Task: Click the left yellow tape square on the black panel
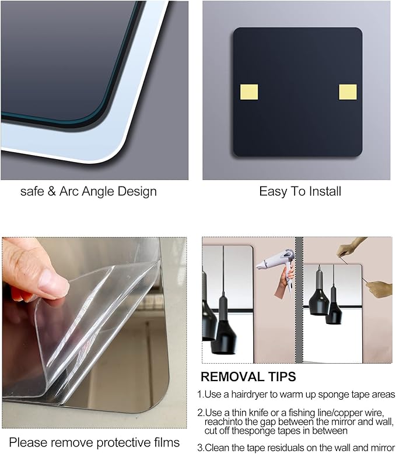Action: (x=249, y=92)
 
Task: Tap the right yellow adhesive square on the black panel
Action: (x=348, y=92)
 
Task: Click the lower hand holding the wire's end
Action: (x=380, y=288)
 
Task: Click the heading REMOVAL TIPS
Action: (x=248, y=376)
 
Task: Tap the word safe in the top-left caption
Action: (x=32, y=191)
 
